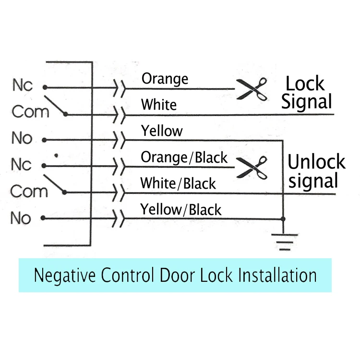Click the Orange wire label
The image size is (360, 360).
tap(165, 79)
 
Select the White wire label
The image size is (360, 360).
tap(159, 105)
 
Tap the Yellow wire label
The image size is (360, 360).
tap(162, 131)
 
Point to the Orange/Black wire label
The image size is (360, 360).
tap(184, 157)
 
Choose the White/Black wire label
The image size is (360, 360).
tap(178, 183)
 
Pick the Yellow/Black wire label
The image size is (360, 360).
tap(180, 209)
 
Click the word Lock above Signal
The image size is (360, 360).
tap(305, 84)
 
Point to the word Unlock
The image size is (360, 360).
tap(316, 162)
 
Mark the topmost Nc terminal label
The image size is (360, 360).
tap(22, 85)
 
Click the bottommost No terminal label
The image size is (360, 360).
tap(21, 218)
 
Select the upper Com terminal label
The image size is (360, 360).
tap(30, 112)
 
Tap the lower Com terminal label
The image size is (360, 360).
tap(29, 191)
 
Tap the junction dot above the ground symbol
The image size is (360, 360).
tap(284, 219)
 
